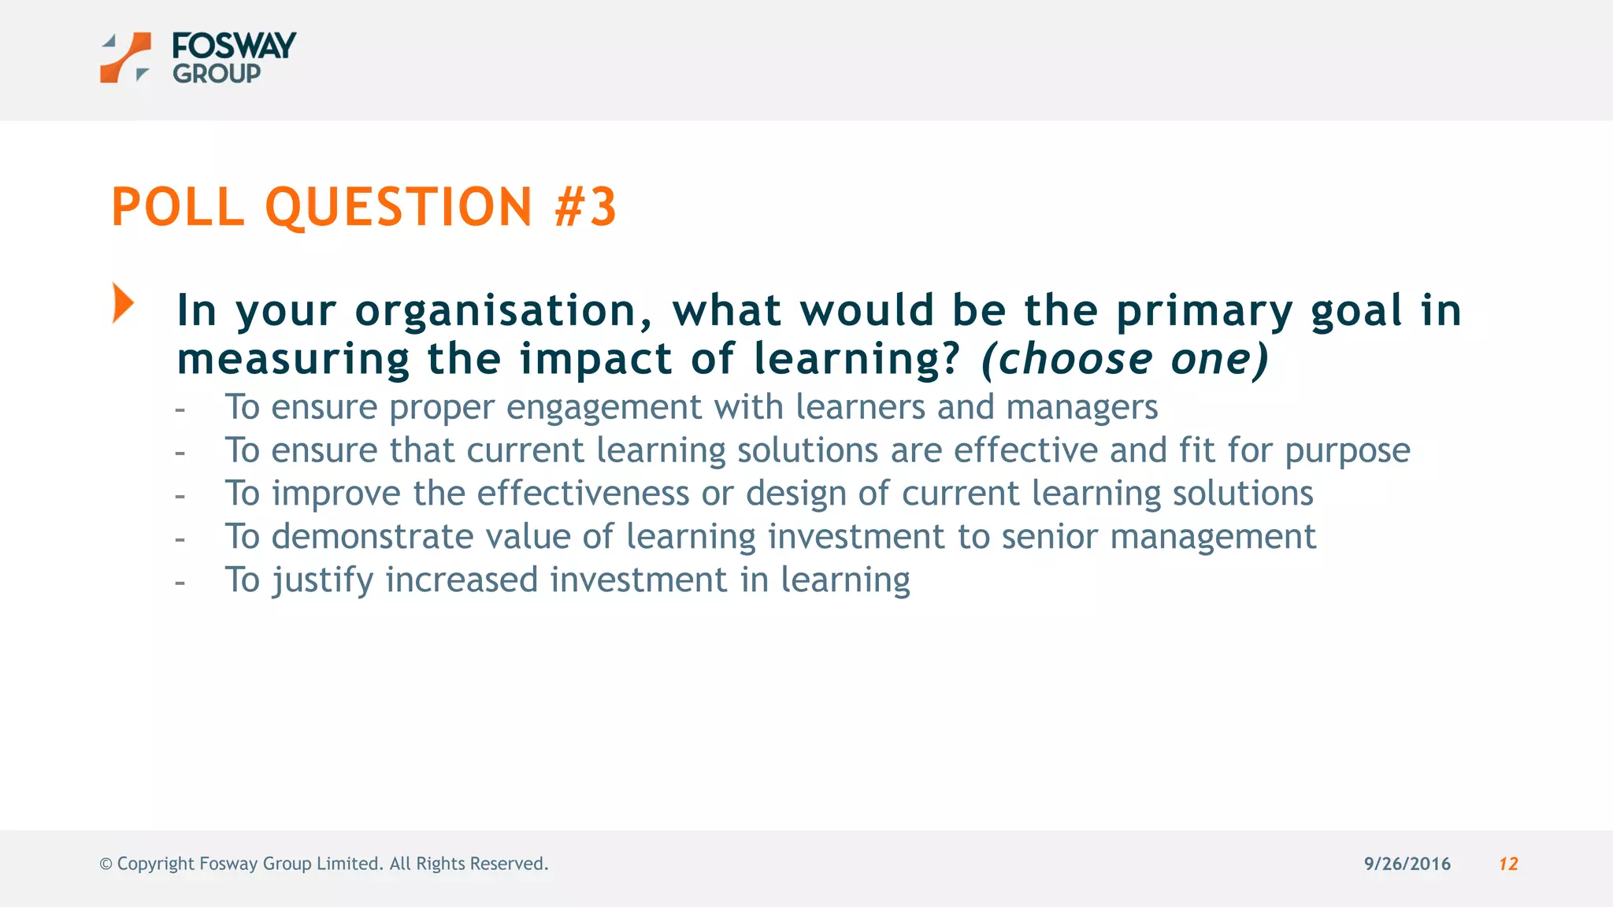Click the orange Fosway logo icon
click(125, 57)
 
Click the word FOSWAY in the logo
click(234, 46)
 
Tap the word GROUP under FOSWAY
click(217, 74)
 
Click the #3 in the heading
click(586, 207)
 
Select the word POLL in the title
click(178, 207)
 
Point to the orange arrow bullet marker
click(123, 303)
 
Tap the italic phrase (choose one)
click(1125, 359)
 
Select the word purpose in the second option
click(1347, 451)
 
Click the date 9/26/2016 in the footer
click(1407, 864)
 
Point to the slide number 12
click(1507, 864)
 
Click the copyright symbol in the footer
click(106, 864)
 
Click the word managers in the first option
click(1081, 408)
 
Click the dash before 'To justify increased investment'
click(180, 583)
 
